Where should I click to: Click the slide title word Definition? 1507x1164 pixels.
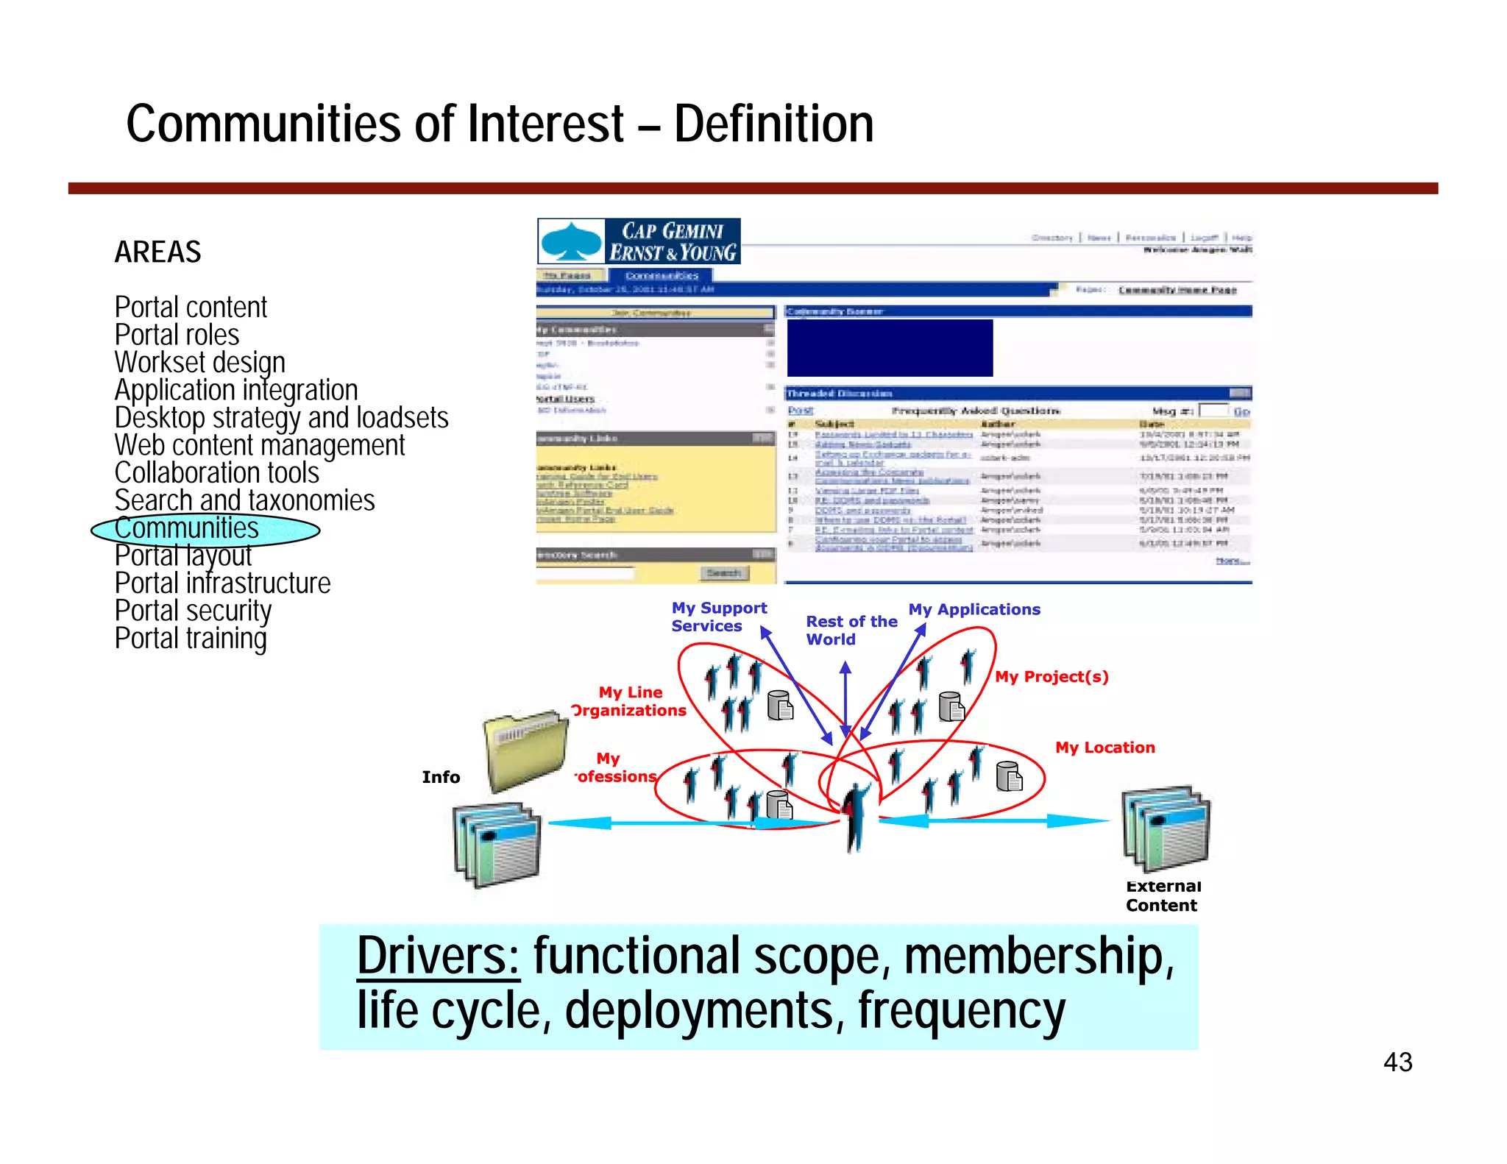coord(773,124)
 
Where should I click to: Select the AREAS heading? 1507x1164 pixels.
coord(157,252)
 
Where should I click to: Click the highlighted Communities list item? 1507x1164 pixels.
coord(188,528)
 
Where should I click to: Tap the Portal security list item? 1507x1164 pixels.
coord(193,611)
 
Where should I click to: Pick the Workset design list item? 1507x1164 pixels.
coord(199,363)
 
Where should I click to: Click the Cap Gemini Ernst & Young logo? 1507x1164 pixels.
coord(639,241)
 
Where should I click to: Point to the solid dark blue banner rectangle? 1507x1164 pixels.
coord(889,348)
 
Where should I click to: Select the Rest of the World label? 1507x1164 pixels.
coord(851,631)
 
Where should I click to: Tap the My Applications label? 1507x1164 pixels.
coord(974,609)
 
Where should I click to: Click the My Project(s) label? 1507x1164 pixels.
coord(1051,677)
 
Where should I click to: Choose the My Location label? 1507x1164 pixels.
coord(1104,748)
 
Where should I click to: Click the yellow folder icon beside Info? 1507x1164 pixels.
coord(525,749)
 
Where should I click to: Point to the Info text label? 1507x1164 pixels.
coord(441,777)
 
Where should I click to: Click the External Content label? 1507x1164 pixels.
coord(1162,896)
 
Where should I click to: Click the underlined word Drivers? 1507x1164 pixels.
coord(438,957)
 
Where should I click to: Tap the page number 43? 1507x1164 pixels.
coord(1397,1062)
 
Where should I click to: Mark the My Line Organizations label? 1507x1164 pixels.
coord(630,701)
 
